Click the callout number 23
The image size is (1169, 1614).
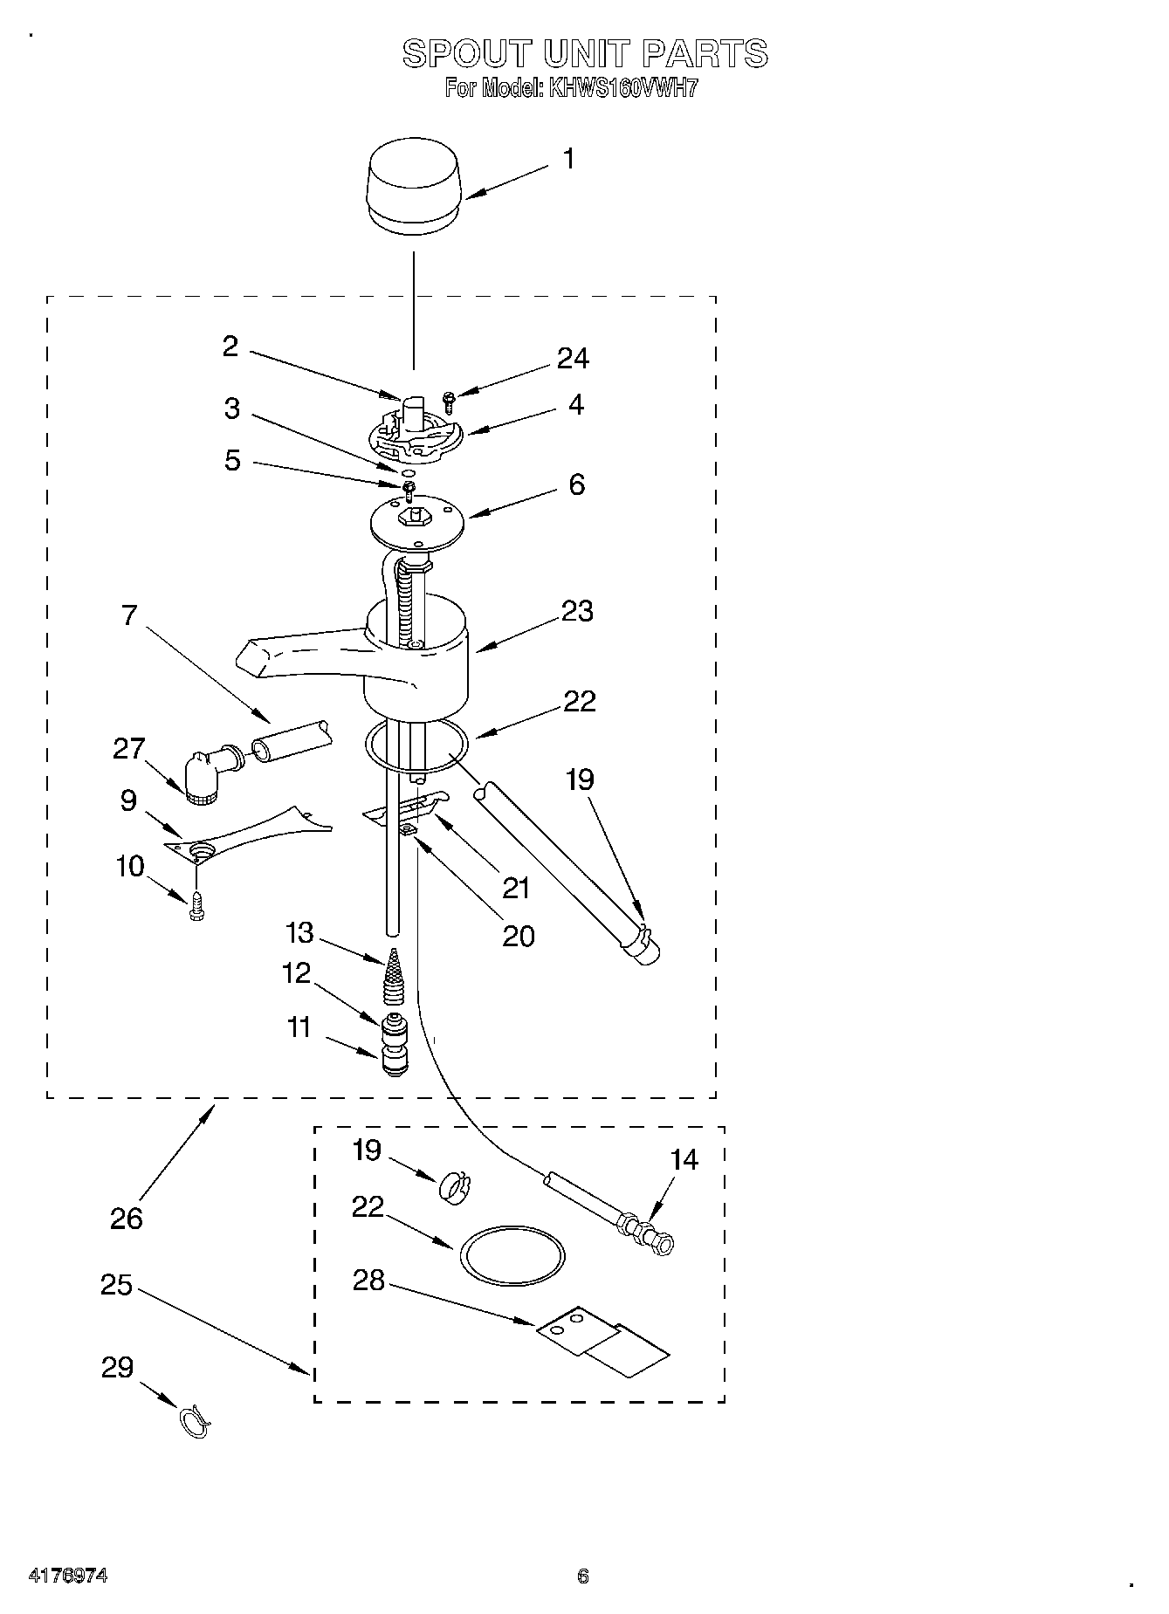[577, 611]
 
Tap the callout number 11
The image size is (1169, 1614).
[299, 1027]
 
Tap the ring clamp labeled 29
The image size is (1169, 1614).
[195, 1423]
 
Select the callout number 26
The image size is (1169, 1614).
[126, 1218]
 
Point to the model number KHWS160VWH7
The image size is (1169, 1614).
[622, 88]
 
